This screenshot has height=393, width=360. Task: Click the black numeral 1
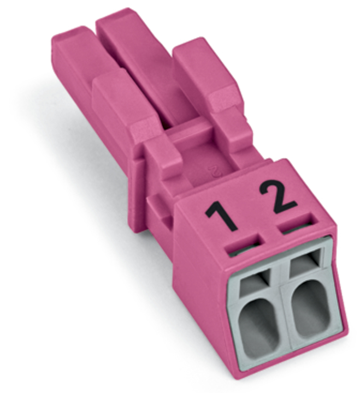point(221,216)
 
